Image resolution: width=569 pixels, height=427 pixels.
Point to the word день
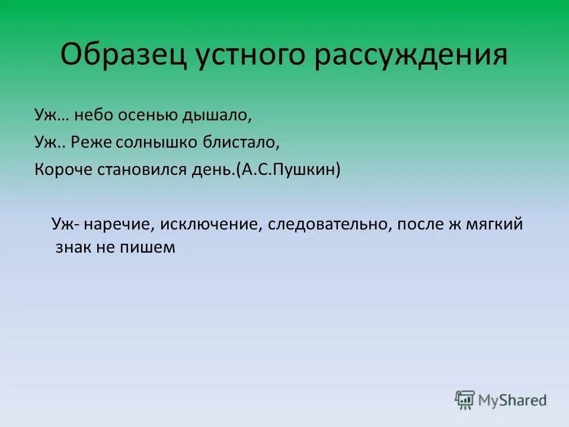pyautogui.click(x=216, y=170)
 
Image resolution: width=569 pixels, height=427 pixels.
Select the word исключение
pyautogui.click(x=211, y=224)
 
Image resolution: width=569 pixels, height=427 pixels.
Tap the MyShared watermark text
pyautogui.click(x=513, y=400)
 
